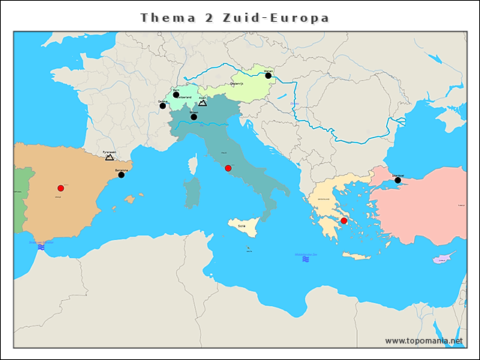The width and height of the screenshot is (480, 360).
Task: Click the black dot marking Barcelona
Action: (x=121, y=175)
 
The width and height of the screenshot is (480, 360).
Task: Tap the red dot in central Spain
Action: (x=61, y=188)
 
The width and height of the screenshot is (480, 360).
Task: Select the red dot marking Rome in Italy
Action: (x=228, y=168)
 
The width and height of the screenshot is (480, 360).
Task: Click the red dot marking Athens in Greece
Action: (x=343, y=220)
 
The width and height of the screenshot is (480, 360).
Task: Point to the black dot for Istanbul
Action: (x=397, y=180)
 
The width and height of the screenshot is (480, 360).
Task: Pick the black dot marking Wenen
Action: (x=268, y=76)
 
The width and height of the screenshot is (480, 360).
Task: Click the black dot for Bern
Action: (x=176, y=94)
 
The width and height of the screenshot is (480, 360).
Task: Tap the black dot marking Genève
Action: (x=163, y=106)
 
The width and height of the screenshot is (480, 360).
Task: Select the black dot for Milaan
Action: (x=193, y=117)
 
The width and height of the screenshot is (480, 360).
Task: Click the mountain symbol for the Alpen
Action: (x=202, y=103)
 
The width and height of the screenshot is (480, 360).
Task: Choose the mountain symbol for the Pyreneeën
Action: (x=109, y=157)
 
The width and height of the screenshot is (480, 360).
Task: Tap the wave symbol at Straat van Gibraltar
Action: (x=41, y=246)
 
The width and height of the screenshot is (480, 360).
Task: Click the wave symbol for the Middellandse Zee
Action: (x=305, y=259)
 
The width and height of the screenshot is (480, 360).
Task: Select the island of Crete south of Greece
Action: (x=357, y=256)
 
